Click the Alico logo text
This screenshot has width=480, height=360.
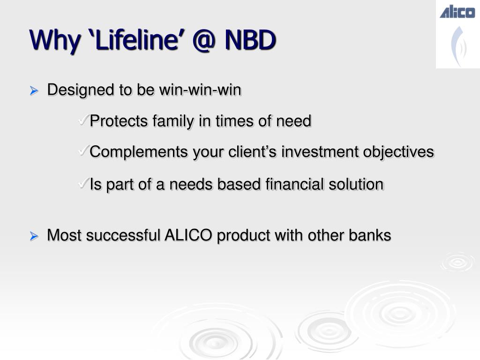pyautogui.click(x=457, y=12)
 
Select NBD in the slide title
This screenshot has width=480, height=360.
pyautogui.click(x=250, y=40)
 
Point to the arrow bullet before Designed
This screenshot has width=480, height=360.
pyautogui.click(x=34, y=90)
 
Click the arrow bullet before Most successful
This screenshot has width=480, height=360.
pyautogui.click(x=34, y=236)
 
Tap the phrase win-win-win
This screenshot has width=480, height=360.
pyautogui.click(x=200, y=90)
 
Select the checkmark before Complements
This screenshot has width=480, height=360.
pyautogui.click(x=83, y=150)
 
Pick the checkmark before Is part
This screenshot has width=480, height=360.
pyautogui.click(x=83, y=183)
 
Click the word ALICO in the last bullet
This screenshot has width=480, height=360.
pyautogui.click(x=188, y=235)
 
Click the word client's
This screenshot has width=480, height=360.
pyautogui.click(x=252, y=152)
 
